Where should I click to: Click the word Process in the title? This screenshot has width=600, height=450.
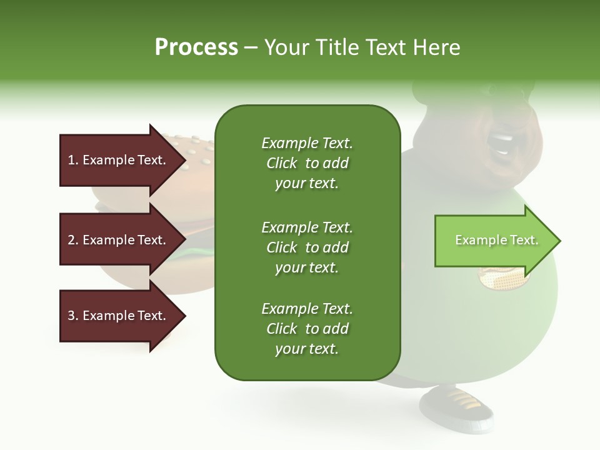coord(196,47)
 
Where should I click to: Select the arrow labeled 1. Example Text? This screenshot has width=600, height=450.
coord(119,160)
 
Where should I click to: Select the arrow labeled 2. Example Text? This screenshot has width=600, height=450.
coord(119,240)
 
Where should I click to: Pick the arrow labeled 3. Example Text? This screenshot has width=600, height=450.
coord(119,316)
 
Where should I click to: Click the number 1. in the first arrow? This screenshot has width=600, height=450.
coord(73,160)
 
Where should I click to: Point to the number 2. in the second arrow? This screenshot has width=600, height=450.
coord(73,240)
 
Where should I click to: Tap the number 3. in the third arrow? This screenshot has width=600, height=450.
coord(73,316)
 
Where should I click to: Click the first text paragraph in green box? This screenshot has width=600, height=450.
coord(307,163)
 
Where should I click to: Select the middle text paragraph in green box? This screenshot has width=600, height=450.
coord(307,247)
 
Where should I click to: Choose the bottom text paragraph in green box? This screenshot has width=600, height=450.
coord(307,329)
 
